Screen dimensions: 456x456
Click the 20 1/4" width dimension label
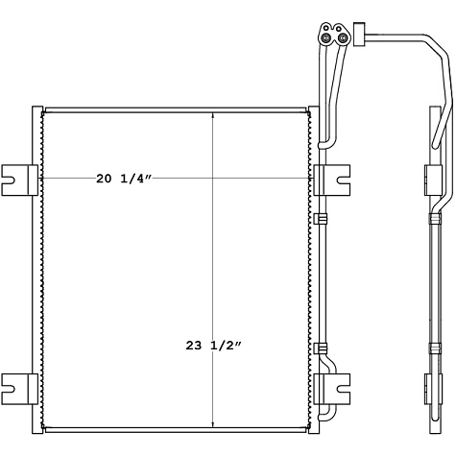point(124,178)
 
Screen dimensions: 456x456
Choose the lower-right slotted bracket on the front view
point(332,388)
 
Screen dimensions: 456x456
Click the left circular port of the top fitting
point(327,38)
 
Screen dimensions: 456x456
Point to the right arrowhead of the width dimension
point(310,179)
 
